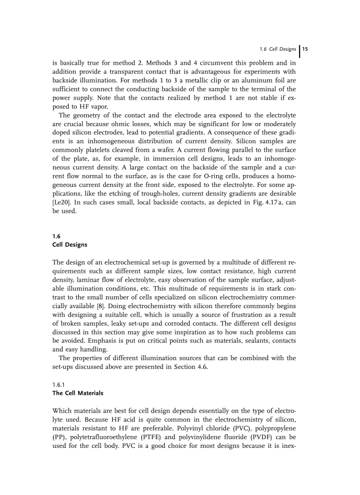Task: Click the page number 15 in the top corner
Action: (305, 49)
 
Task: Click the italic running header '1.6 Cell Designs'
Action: (279, 49)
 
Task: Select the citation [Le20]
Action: (61, 203)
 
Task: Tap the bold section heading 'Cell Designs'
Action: (70, 245)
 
